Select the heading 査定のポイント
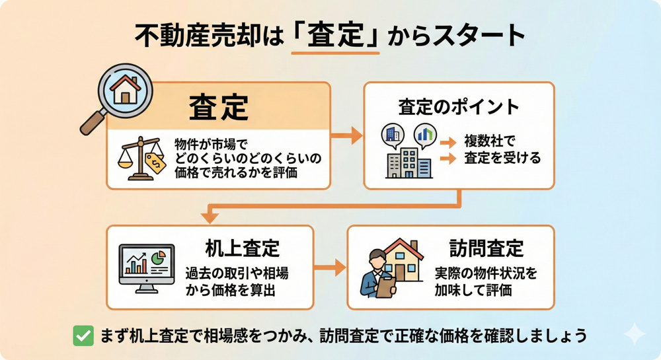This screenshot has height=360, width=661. (x=459, y=106)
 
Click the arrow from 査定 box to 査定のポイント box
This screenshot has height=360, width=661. (x=346, y=136)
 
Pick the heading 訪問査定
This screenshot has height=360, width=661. (x=486, y=248)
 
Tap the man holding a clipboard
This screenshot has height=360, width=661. (x=378, y=273)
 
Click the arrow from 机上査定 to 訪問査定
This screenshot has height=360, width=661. (x=330, y=268)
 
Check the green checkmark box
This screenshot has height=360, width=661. (x=83, y=336)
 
